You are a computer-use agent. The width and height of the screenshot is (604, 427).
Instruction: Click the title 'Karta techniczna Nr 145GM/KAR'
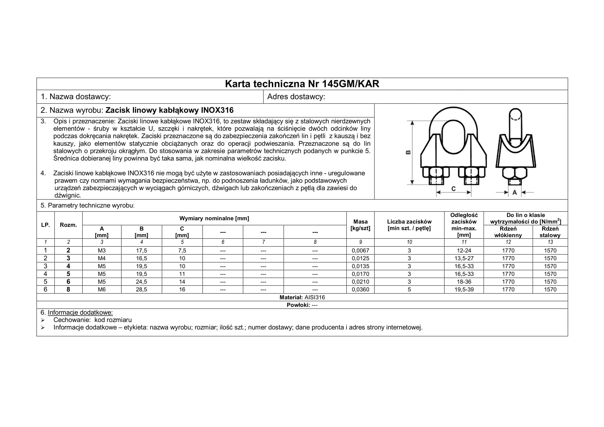302,84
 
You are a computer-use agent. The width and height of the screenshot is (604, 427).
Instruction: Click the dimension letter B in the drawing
408,152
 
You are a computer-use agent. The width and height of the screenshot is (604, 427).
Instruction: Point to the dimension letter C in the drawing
453,189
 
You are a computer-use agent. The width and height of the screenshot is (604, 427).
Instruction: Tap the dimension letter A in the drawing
515,193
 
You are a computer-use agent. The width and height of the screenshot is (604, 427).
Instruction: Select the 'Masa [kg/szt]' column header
360,225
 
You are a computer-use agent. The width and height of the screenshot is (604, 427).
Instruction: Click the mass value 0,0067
360,251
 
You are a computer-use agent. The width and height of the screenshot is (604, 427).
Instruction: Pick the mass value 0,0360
360,289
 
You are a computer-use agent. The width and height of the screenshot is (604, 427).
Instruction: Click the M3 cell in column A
102,251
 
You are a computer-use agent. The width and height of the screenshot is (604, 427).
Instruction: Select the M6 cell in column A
102,289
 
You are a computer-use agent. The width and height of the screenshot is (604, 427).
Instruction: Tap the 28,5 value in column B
142,289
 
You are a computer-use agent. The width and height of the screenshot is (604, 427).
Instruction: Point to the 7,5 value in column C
182,251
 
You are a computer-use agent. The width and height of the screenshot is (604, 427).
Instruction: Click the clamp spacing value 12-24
464,251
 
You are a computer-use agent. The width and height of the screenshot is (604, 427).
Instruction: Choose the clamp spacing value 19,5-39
464,289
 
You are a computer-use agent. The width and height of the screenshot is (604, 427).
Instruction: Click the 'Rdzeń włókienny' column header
508,232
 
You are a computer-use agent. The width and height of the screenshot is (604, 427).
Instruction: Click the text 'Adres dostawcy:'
296,97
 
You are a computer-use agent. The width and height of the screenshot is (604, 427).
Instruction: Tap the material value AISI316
315,297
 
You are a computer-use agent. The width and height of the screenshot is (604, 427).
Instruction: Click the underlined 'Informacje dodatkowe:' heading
80,313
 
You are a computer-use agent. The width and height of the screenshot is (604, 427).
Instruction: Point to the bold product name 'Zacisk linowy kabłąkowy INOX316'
169,110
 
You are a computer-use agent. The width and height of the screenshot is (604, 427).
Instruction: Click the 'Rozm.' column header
68,225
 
